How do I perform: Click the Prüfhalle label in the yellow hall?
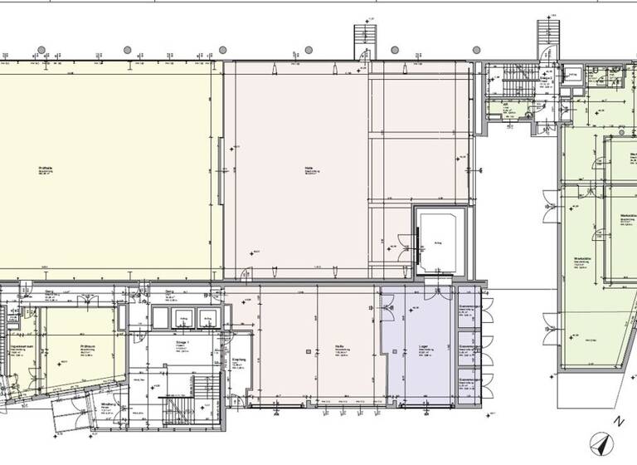point(45,169)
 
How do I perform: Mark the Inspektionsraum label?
point(17,347)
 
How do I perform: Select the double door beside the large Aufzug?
point(404,242)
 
